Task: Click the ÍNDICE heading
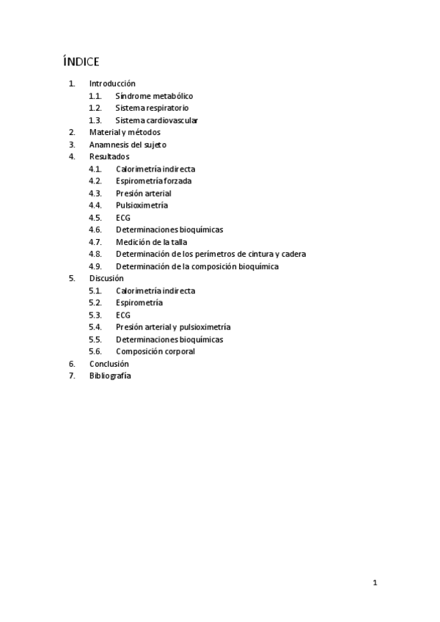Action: pos(81,61)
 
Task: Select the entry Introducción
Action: pos(112,84)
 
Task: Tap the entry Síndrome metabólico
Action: pos(154,96)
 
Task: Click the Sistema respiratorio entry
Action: pos(152,108)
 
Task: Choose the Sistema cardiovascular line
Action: pos(156,120)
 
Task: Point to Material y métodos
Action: pos(125,132)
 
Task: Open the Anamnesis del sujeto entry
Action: pos(128,144)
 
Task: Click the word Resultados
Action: pos(109,156)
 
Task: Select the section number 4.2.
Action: pos(95,180)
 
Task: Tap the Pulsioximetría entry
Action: pos(142,205)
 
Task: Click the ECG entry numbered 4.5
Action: pos(122,218)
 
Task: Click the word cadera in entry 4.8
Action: pos(293,254)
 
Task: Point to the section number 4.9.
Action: pos(95,266)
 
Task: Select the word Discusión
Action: pos(106,278)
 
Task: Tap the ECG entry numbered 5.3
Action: pos(122,315)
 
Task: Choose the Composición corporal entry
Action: pos(155,351)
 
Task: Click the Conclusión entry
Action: pos(109,363)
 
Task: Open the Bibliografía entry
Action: pos(110,376)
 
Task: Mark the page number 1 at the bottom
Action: pos(375,584)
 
